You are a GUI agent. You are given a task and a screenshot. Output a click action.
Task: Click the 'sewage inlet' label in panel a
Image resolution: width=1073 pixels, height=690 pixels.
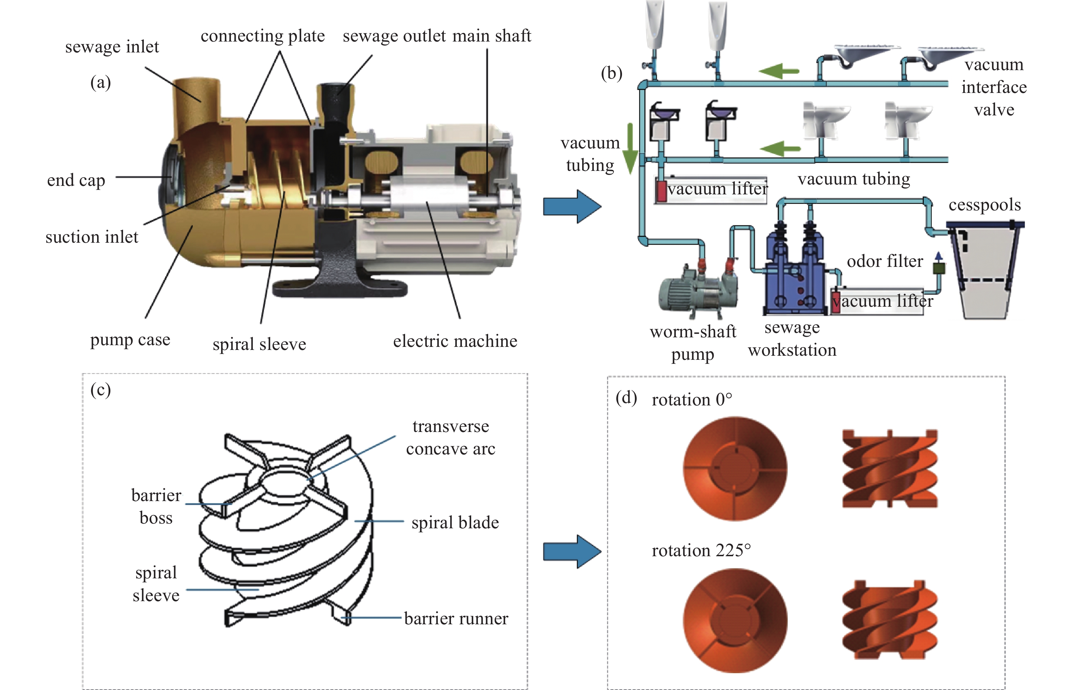click(x=112, y=47)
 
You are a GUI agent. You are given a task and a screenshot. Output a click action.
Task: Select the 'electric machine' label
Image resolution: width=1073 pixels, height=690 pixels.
click(x=455, y=341)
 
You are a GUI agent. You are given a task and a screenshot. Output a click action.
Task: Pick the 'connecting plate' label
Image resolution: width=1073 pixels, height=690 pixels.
click(x=262, y=36)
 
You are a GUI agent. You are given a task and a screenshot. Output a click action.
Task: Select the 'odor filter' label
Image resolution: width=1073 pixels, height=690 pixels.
click(x=884, y=261)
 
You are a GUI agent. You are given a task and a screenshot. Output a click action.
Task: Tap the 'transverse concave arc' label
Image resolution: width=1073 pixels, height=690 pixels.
click(x=450, y=437)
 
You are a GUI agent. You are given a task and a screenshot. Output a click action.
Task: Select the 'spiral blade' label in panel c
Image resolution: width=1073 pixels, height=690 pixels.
click(x=455, y=523)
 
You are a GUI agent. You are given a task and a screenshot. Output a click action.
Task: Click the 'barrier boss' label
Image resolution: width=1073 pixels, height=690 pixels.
click(x=156, y=506)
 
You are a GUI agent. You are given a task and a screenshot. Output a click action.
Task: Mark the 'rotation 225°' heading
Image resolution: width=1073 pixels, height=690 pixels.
click(x=700, y=550)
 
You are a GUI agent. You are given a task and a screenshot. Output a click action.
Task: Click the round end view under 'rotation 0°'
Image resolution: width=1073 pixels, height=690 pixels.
click(x=734, y=469)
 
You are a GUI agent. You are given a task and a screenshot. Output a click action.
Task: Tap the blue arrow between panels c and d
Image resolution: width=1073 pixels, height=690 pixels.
click(x=572, y=551)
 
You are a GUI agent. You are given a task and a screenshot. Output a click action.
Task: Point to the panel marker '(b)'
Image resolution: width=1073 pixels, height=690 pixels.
click(x=611, y=73)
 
